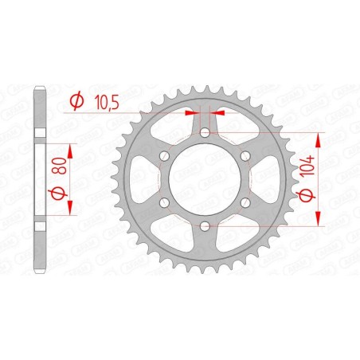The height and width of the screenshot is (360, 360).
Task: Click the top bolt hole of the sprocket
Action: (x=205, y=132)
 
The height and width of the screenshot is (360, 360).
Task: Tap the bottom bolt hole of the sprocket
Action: (x=205, y=228)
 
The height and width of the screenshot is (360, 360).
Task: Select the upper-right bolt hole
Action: (x=245, y=156)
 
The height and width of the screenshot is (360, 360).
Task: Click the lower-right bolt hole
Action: (x=245, y=204)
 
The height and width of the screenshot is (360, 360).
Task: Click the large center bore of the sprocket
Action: (x=205, y=180)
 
